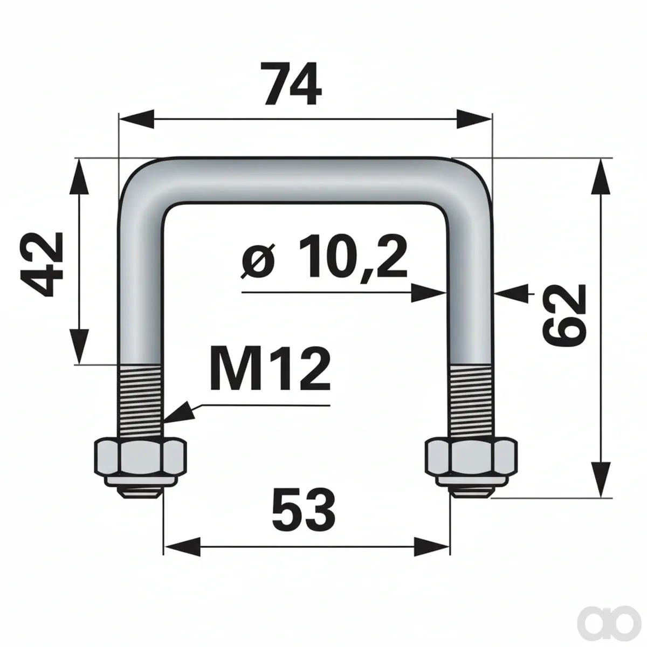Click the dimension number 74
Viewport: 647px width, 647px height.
(x=292, y=84)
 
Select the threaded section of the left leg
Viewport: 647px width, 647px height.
(x=141, y=401)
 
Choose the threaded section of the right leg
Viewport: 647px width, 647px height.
(x=471, y=401)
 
